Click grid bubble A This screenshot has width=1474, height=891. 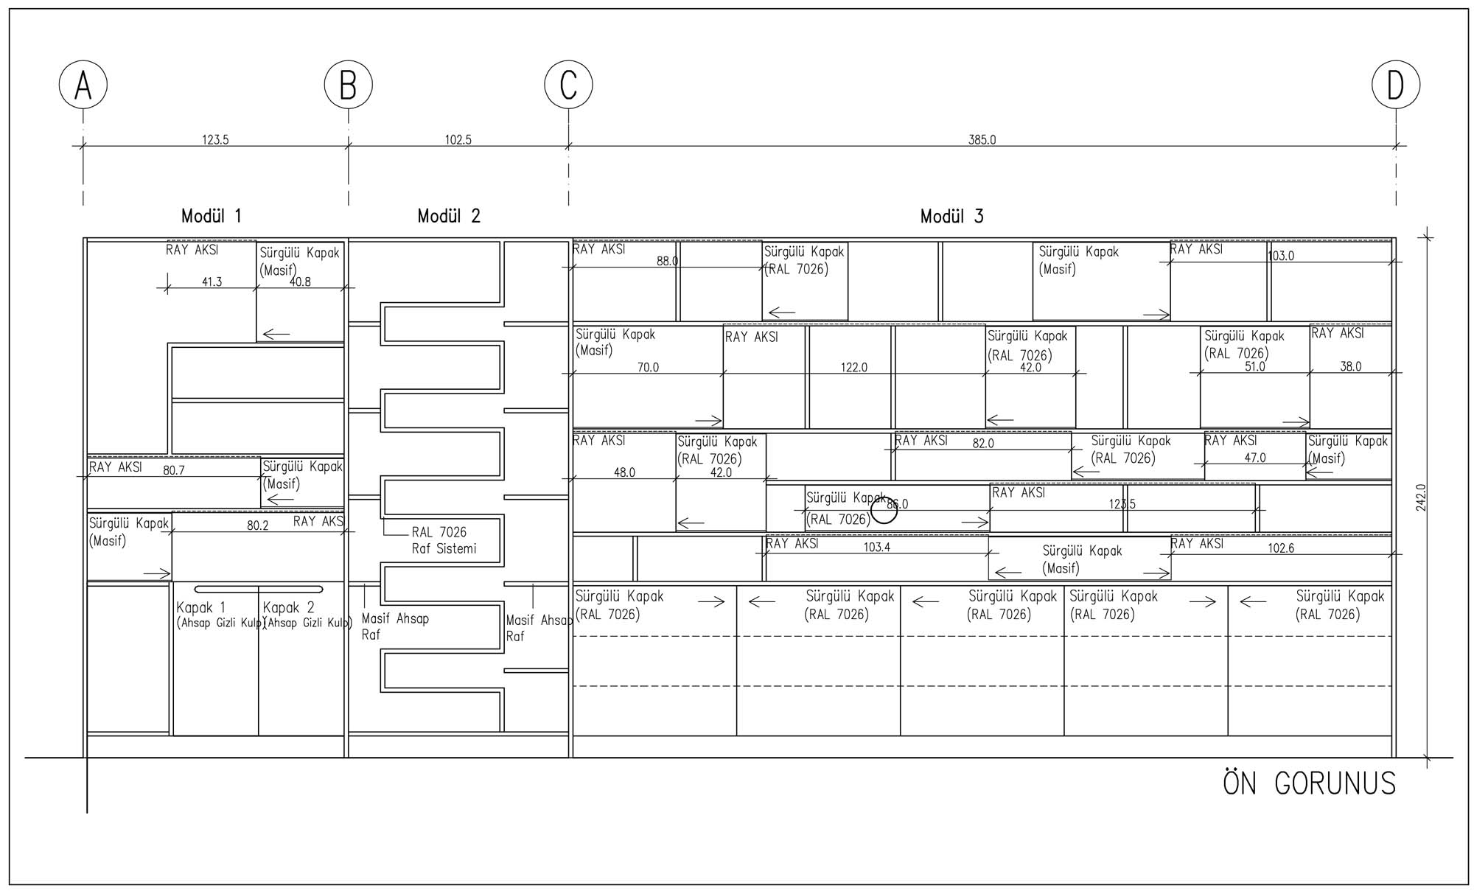click(x=83, y=85)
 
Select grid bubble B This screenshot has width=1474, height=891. click(x=348, y=85)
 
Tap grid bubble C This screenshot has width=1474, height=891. click(x=568, y=85)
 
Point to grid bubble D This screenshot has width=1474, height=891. click(x=1395, y=85)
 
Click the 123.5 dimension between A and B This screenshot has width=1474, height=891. click(x=215, y=139)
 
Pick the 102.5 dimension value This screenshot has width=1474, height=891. click(x=458, y=139)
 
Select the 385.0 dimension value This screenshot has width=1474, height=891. click(x=982, y=139)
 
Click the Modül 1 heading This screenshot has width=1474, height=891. click(x=212, y=216)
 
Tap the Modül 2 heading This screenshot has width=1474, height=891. click(x=449, y=216)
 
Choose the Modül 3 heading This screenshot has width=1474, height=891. click(x=951, y=216)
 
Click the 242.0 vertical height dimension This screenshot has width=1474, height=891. click(x=1421, y=497)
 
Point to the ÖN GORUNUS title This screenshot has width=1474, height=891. click(x=1309, y=783)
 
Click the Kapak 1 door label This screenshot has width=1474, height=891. click(x=200, y=608)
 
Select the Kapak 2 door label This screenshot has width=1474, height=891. click(x=288, y=608)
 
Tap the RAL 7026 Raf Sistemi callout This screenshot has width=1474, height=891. click(x=444, y=540)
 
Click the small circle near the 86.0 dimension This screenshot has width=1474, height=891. click(x=884, y=509)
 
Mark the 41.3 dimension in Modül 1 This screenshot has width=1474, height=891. click(x=212, y=282)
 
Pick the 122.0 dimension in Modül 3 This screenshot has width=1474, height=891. click(x=854, y=367)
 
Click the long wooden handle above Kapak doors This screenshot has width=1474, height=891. click(x=259, y=589)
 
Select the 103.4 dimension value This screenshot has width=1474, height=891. click(x=876, y=547)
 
